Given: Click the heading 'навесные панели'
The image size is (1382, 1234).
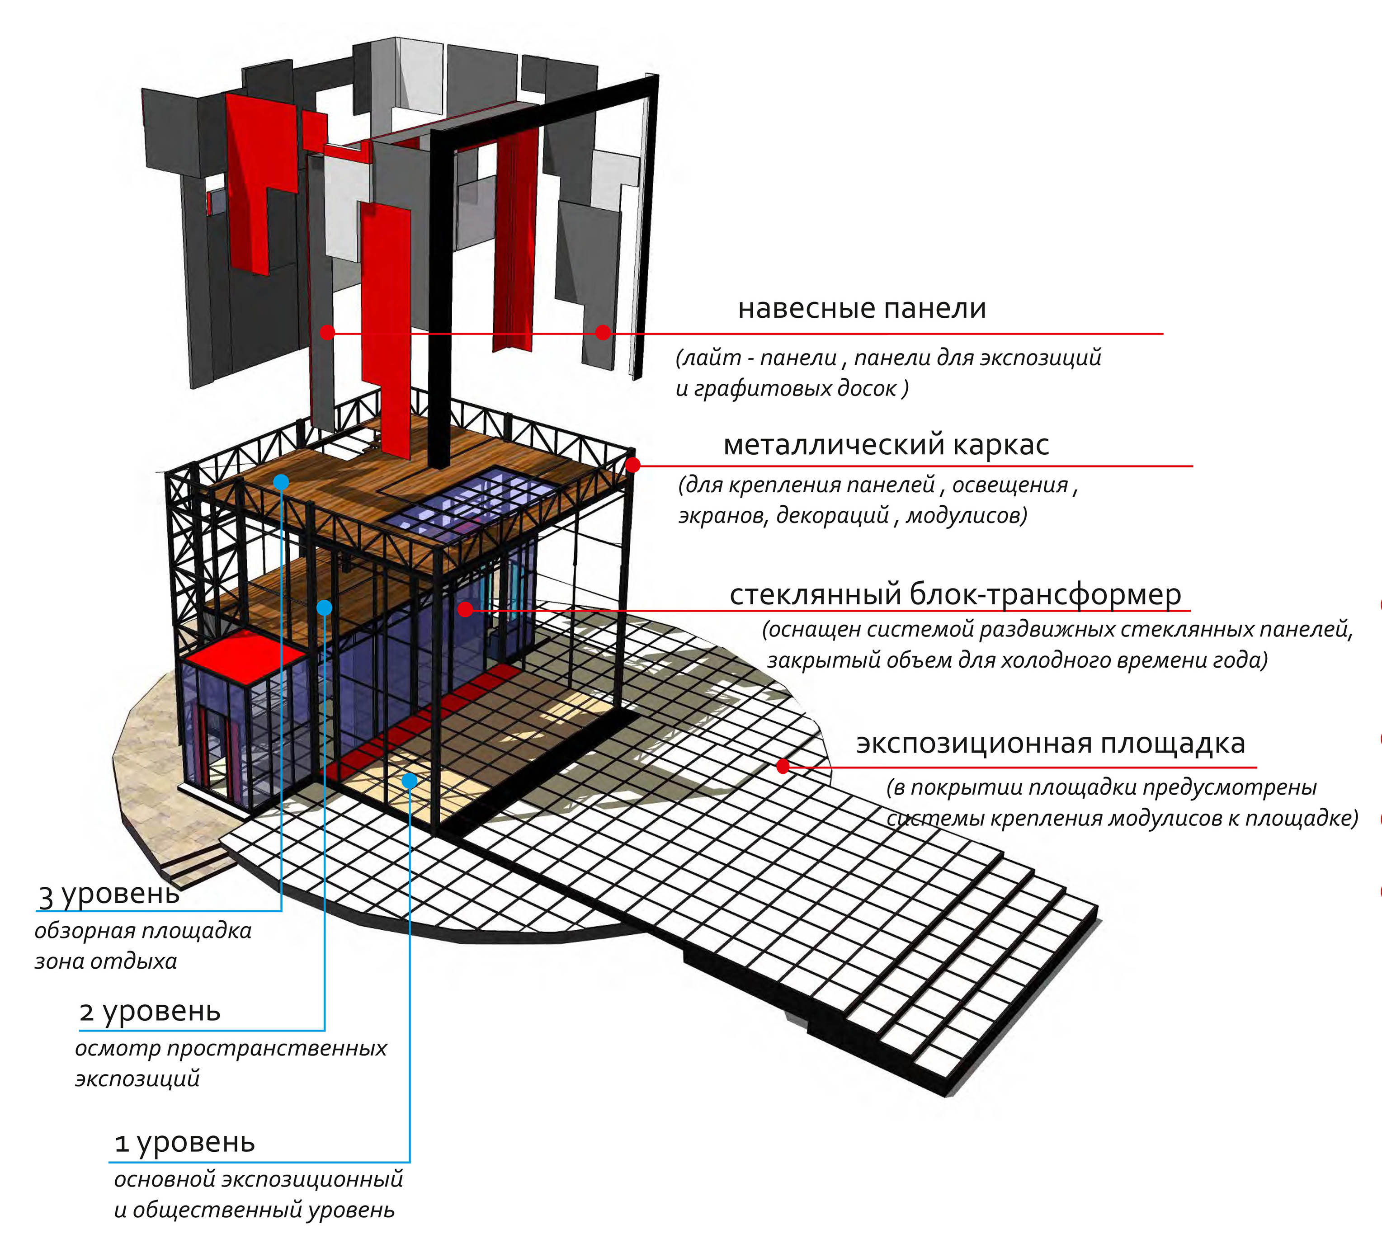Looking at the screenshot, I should coord(861,308).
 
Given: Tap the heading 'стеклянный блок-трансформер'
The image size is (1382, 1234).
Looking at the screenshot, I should coord(955,595).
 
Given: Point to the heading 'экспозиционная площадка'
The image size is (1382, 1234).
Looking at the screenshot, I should coord(1051,743).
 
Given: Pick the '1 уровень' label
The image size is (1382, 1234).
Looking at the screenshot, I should coord(184,1143).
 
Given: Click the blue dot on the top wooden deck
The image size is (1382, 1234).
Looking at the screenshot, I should coord(281,482).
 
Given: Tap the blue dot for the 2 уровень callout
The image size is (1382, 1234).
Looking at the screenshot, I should coord(325,608).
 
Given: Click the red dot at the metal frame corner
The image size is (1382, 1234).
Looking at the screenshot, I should coord(633,465).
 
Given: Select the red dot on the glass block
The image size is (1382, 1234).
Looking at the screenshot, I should coord(465,609).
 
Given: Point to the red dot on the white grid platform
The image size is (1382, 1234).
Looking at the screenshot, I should coord(783,767).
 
